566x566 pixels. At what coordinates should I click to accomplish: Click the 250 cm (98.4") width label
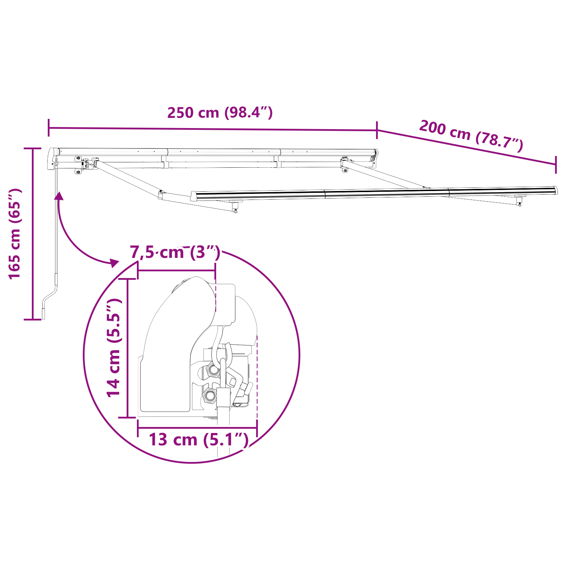click(x=220, y=112)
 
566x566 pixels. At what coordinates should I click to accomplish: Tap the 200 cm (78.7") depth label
click(x=471, y=136)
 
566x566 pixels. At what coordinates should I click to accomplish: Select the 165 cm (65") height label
click(x=15, y=234)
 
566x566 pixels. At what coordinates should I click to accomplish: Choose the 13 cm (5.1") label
click(x=198, y=440)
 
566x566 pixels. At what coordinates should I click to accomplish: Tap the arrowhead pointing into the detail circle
click(x=114, y=262)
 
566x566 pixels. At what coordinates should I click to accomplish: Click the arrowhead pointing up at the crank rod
click(x=59, y=196)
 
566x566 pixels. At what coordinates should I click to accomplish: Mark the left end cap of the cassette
click(x=53, y=159)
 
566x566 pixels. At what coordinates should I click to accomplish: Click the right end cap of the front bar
click(x=555, y=190)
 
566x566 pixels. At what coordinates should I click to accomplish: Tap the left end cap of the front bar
click(x=193, y=196)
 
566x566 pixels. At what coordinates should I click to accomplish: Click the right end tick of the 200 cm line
click(x=556, y=164)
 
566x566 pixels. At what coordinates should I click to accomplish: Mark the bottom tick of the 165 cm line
click(x=33, y=319)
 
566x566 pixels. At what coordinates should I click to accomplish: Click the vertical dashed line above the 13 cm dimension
click(x=257, y=379)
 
